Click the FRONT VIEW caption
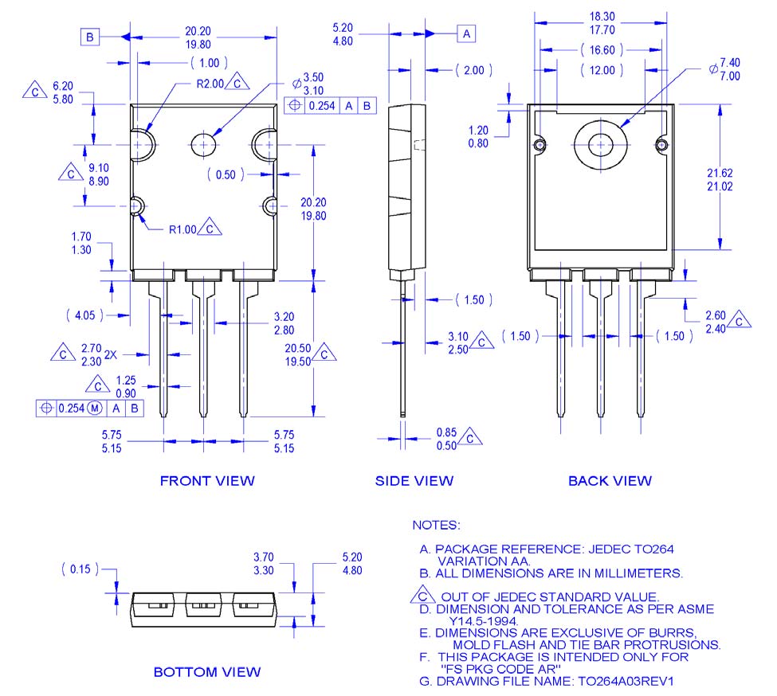[x=207, y=480]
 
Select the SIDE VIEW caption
[x=414, y=480]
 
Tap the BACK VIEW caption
[x=610, y=480]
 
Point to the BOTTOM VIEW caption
[x=206, y=672]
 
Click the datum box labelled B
[x=89, y=37]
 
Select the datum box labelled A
[x=466, y=33]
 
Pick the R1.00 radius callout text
[x=182, y=229]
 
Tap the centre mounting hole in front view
[x=204, y=144]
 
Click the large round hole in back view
[x=600, y=145]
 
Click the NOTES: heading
[x=436, y=526]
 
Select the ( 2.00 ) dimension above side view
[x=474, y=71]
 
